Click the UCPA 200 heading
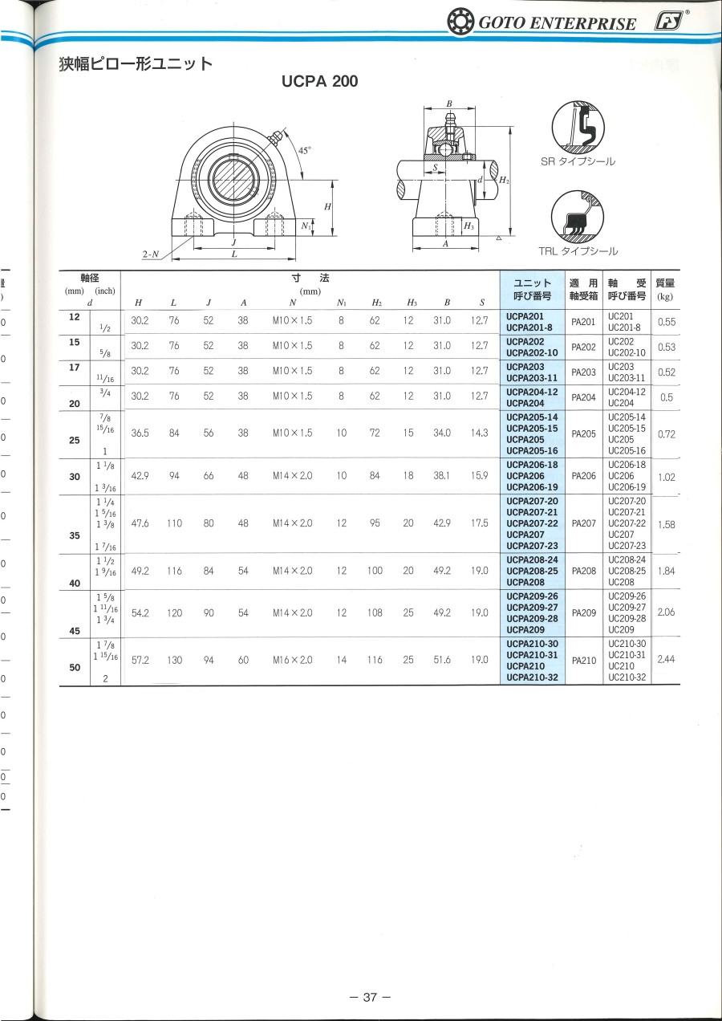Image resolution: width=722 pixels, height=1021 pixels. coord(319,81)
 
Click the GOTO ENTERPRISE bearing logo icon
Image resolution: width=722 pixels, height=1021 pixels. coord(460,22)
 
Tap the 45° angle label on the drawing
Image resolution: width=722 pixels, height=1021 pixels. coord(304,150)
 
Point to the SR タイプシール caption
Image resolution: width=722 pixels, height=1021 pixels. coord(578,161)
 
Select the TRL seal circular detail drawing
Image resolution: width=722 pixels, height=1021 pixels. coord(577,217)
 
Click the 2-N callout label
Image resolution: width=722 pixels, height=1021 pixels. coord(151,254)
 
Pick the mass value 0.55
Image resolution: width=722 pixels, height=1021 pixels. coord(667,322)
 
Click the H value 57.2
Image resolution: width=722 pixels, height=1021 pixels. coord(140,660)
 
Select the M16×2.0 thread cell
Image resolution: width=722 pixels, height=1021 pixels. coord(293,660)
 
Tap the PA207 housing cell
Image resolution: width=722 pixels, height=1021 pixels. coord(583,523)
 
